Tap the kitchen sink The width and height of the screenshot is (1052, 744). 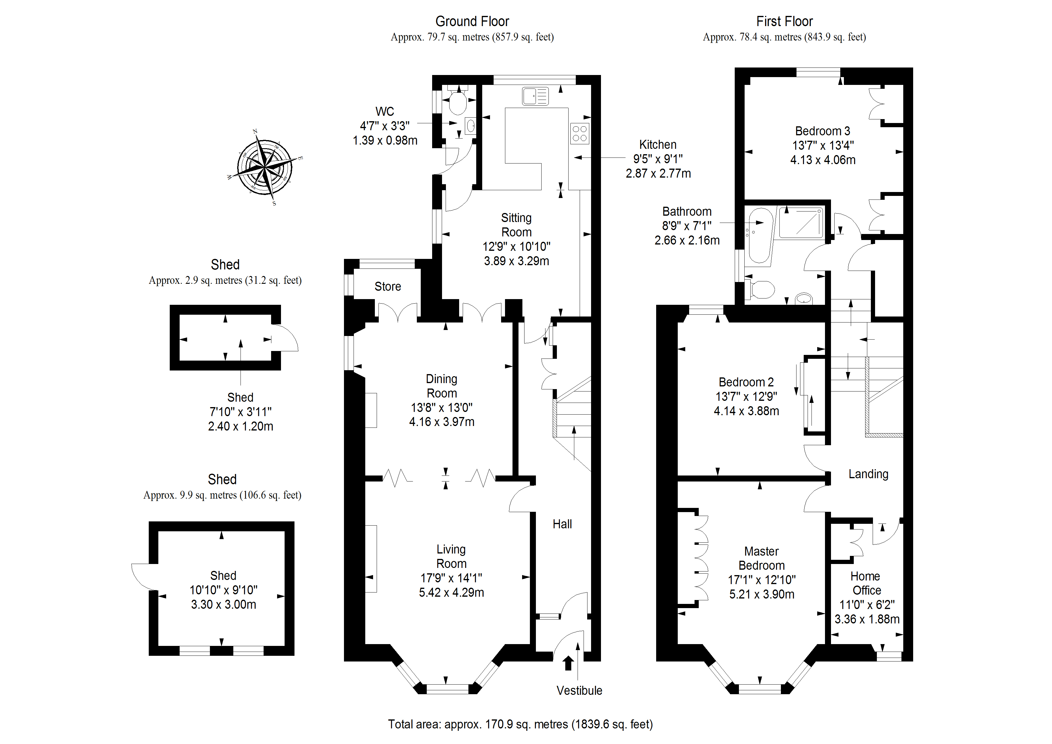point(535,96)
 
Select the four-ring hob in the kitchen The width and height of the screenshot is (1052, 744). point(580,133)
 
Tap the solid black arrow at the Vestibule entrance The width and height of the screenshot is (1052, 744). point(568,663)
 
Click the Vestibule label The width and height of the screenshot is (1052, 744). point(579,690)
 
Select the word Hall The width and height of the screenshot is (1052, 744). point(562,524)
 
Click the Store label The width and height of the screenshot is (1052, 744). point(388,286)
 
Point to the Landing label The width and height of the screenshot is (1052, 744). point(868,474)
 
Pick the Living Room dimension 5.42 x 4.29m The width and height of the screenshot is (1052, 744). point(451,592)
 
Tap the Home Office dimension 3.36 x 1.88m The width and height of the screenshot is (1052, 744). point(867,619)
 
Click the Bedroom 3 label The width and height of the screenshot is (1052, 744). point(823,131)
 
